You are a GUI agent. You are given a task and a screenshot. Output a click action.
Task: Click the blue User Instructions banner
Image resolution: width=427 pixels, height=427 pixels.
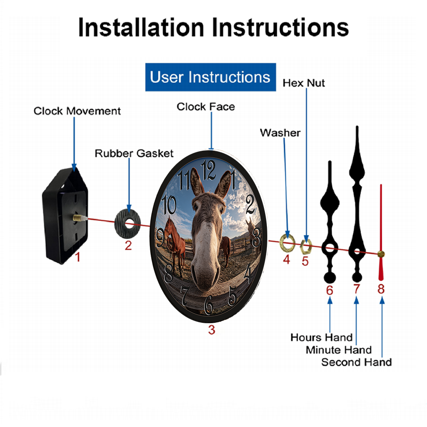coord(211,77)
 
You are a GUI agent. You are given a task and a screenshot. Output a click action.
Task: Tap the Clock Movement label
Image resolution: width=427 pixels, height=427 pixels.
coord(77,111)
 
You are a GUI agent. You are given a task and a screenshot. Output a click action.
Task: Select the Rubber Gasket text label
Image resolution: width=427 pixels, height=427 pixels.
coord(134,153)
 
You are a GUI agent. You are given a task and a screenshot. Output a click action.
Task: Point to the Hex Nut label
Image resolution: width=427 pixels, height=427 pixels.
coord(304,83)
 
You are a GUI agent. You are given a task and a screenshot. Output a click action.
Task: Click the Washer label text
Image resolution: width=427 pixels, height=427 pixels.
coord(280,133)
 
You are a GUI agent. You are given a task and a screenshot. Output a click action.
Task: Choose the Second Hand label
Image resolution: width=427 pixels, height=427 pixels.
coord(357,362)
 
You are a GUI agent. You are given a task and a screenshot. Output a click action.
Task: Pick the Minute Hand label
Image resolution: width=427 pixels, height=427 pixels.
coord(339,350)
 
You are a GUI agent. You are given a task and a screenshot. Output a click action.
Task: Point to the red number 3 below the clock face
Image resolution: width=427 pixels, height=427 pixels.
coord(212,330)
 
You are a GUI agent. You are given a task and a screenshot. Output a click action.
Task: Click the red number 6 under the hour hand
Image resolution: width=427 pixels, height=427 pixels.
coord(330,290)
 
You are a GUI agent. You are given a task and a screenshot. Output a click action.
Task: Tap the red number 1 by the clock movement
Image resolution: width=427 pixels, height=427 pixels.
coord(78,257)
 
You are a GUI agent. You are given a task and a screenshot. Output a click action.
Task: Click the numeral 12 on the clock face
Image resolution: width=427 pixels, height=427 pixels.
coord(208,170)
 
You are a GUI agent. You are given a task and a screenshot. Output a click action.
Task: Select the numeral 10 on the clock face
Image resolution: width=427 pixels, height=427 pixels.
coord(169,205)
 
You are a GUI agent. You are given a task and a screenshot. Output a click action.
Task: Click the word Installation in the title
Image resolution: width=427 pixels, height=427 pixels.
coord(141,27)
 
